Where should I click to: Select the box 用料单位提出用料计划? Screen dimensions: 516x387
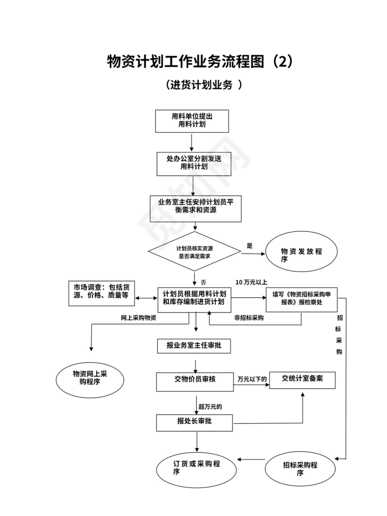pos(192,121)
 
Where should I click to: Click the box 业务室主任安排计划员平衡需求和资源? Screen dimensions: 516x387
pos(195,209)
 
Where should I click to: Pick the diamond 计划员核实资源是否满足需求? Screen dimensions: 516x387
pos(194,252)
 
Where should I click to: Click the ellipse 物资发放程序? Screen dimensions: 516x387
pos(302,255)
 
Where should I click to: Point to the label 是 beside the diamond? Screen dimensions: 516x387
pos(249,246)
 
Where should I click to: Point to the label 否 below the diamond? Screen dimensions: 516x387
pos(203,282)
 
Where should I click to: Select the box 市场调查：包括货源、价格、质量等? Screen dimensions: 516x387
pos(101,293)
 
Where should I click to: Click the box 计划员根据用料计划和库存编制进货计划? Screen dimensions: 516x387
pos(194,299)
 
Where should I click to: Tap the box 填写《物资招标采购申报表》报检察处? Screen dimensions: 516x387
pos(301,299)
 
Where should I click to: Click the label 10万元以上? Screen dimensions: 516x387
pos(251,282)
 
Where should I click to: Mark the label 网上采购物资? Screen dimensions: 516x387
pos(138,318)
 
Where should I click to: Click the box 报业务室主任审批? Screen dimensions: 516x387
pos(194,346)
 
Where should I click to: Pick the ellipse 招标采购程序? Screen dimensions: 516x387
pos(300,469)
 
